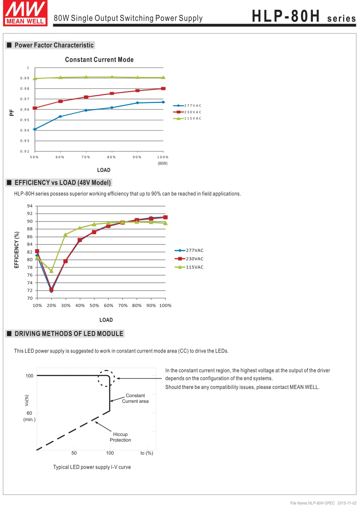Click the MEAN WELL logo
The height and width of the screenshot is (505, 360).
25,13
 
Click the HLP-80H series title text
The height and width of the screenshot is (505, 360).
303,16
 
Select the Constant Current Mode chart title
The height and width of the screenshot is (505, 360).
99,59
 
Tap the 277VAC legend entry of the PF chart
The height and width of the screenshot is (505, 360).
187,106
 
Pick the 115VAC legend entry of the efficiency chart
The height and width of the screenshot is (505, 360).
189,267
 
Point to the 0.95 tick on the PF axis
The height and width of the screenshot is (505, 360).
25,120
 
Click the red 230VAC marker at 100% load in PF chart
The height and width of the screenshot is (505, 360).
163,89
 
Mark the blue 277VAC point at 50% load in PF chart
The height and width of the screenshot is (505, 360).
35,129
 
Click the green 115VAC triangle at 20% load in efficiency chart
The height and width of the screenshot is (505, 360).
51,271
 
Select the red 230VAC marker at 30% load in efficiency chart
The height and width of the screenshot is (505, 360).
66,261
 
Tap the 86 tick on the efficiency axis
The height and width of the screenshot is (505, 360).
30,237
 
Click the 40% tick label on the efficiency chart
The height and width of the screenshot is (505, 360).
80,305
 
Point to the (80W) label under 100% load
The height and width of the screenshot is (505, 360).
162,164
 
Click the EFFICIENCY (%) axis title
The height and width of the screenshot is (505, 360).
17,250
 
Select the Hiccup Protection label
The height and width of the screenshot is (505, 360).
120,437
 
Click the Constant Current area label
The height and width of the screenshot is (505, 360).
135,398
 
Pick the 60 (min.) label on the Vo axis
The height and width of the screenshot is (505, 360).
29,416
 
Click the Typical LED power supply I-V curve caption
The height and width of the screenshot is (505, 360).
92,467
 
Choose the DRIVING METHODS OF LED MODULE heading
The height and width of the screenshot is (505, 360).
69,334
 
